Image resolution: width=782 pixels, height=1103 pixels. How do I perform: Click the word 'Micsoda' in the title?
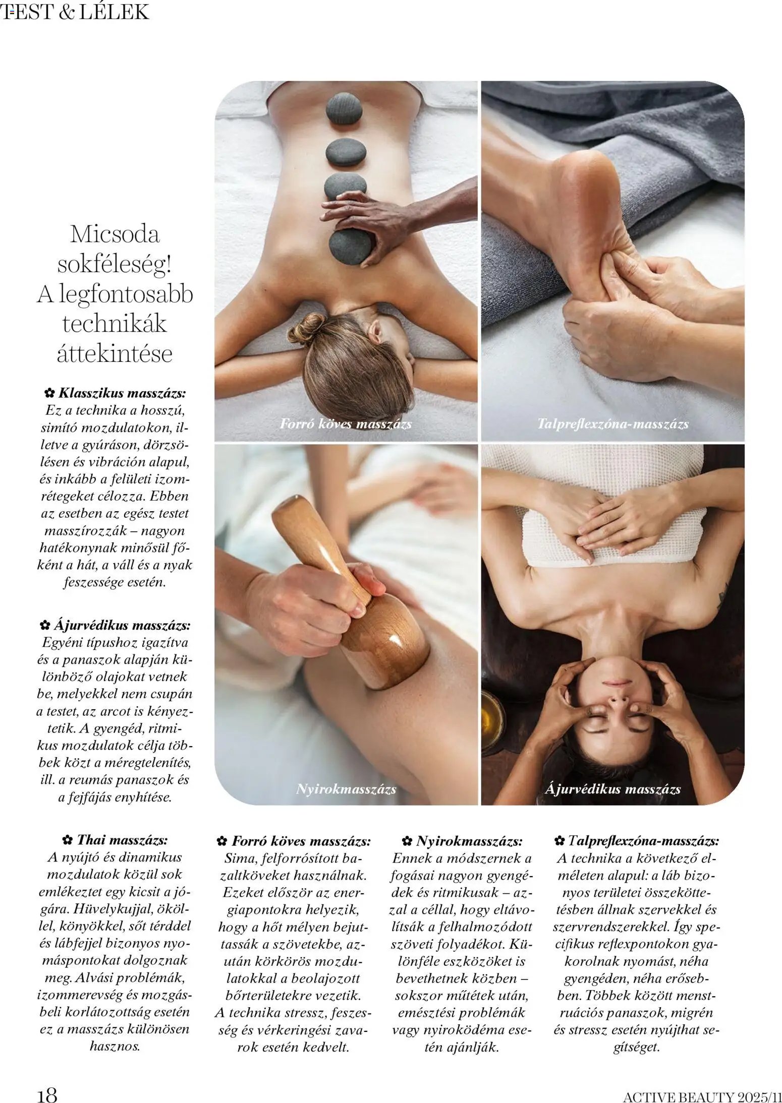click(x=115, y=234)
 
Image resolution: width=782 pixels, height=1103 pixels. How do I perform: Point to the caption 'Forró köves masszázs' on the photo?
click(x=346, y=424)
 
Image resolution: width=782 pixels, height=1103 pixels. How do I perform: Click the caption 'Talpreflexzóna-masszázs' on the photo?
click(x=612, y=424)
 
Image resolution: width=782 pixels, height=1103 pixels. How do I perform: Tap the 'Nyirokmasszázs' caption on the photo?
click(x=346, y=789)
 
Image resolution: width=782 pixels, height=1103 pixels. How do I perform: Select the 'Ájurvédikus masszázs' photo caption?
click(x=612, y=789)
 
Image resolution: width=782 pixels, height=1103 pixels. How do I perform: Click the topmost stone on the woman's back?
click(x=344, y=109)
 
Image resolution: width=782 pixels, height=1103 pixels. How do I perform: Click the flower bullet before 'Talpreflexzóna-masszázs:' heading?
click(x=558, y=841)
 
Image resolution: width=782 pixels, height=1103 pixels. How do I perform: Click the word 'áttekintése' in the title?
click(x=115, y=353)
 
